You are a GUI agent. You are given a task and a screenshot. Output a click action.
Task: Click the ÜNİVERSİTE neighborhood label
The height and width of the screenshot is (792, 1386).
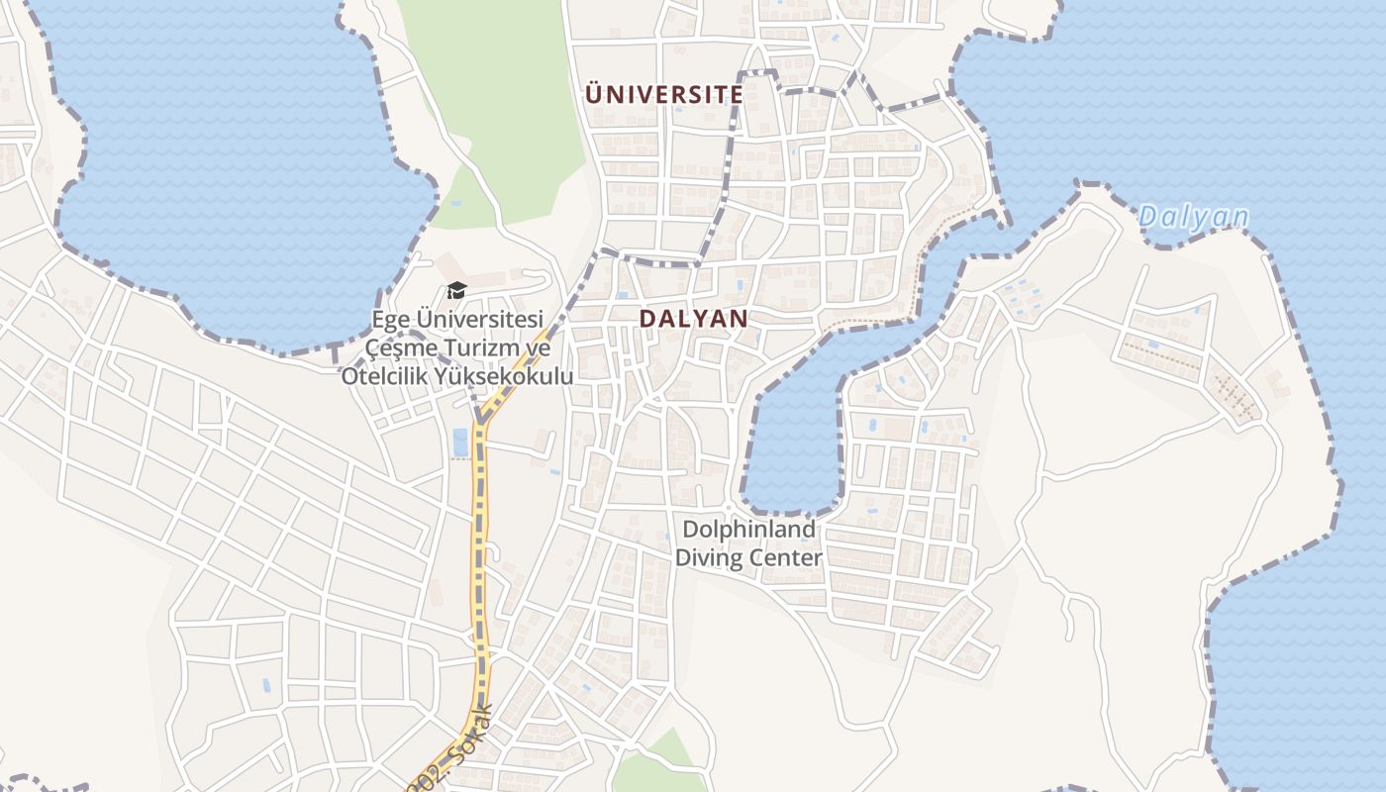tap(663, 95)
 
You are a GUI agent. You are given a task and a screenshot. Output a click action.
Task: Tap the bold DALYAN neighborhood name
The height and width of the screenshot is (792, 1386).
tap(693, 319)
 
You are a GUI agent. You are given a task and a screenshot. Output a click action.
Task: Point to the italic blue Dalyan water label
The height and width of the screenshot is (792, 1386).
tap(1193, 217)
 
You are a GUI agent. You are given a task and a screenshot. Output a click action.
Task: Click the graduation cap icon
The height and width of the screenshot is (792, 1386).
tap(456, 290)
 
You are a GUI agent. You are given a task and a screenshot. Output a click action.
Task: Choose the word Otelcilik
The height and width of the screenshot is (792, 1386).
tap(388, 376)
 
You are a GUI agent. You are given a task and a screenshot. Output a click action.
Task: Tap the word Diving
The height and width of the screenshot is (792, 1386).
tap(711, 557)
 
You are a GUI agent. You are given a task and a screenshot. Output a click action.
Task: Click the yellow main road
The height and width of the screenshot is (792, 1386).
tap(481, 554)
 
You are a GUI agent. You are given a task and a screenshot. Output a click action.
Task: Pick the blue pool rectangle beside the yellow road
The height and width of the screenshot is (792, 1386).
tap(460, 443)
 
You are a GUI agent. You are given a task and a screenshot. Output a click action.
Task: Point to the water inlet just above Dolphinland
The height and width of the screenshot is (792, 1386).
tap(792, 445)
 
